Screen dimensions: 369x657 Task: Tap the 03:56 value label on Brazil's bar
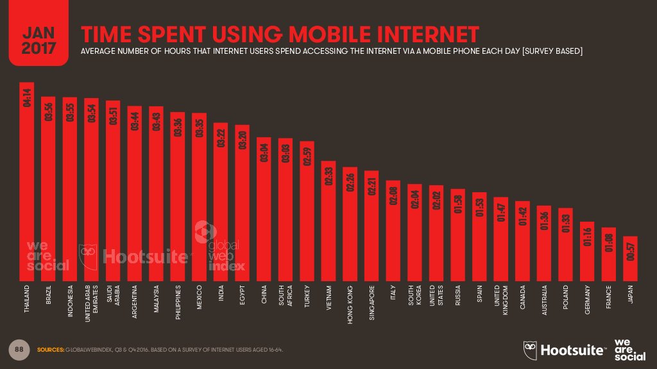tap(49, 110)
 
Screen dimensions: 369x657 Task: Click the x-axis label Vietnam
tap(328, 298)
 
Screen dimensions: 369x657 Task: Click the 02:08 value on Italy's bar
tap(393, 194)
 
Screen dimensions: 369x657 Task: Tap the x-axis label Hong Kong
tap(350, 300)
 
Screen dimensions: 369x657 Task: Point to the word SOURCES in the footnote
tap(50, 350)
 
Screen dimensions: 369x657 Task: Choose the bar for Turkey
tap(307, 211)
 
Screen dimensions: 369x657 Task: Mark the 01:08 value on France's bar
tap(609, 241)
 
